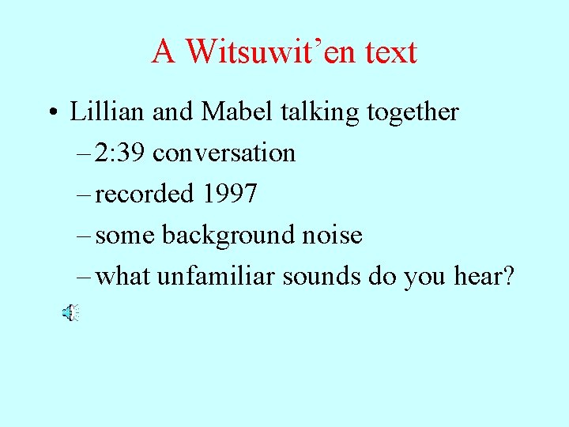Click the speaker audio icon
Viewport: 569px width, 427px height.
(70, 314)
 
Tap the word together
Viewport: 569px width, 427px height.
(413, 112)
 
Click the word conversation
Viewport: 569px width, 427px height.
(224, 153)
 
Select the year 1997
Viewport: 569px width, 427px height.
(229, 195)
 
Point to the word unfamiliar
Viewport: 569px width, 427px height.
(220, 277)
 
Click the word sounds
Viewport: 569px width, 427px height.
(326, 277)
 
